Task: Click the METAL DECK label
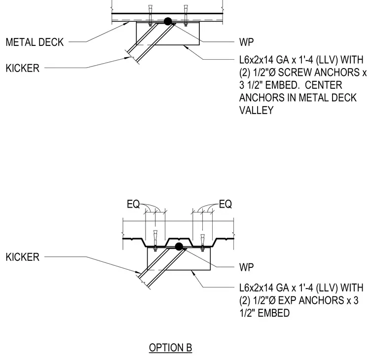[35, 42]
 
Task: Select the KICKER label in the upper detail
[23, 68]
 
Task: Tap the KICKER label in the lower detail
[23, 257]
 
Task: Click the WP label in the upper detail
[246, 42]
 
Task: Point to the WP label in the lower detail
[246, 267]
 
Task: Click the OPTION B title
[171, 348]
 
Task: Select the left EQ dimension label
[133, 204]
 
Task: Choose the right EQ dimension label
[225, 204]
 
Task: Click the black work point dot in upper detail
[168, 21]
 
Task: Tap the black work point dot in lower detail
[179, 247]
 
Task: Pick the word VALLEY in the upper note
[257, 110]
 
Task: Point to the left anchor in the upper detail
[150, 15]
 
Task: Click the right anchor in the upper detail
[186, 15]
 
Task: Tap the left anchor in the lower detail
[155, 241]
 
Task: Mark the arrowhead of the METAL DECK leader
[127, 23]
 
